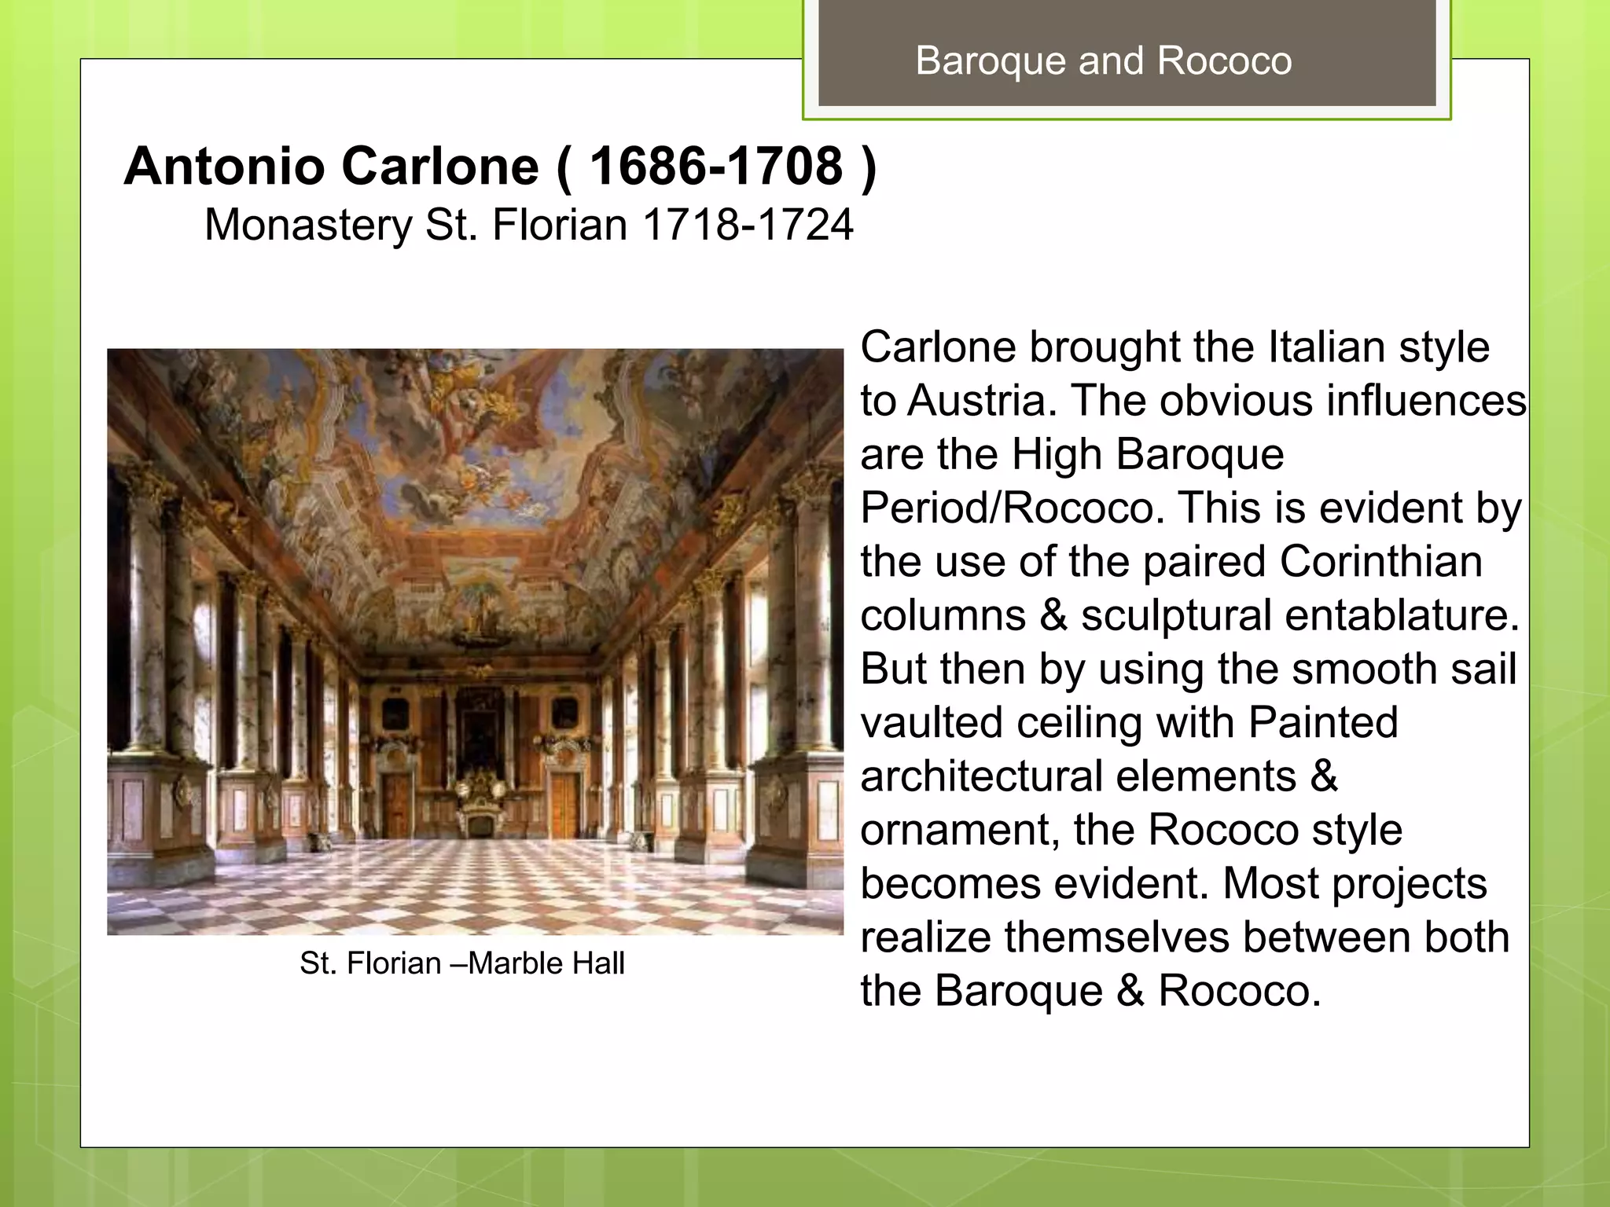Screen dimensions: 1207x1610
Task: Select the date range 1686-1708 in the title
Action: coord(716,167)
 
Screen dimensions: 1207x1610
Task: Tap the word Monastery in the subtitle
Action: coord(307,225)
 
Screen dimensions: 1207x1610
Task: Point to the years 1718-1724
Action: coord(748,225)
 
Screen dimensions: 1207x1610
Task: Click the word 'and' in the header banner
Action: coord(1111,61)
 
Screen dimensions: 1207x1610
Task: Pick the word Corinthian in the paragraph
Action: coord(1380,562)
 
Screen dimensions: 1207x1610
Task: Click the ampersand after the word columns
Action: coord(1053,615)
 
